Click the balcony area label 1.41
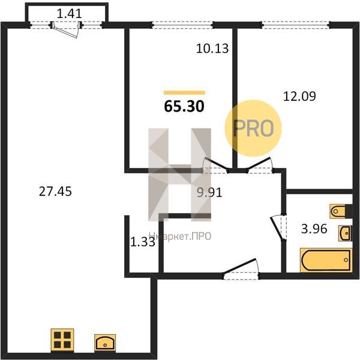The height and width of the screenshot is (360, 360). point(69,14)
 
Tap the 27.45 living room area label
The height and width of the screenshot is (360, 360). point(55,191)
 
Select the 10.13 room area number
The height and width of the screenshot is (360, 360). point(212,49)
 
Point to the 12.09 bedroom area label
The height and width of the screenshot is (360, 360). point(299,96)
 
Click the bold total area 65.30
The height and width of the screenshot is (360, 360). point(184,107)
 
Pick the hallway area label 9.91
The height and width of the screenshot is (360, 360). point(209,193)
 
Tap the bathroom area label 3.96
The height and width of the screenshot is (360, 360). point(314,229)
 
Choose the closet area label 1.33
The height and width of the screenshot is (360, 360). point(143,242)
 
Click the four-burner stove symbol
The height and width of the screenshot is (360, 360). point(62,340)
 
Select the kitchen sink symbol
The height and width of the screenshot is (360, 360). point(105,343)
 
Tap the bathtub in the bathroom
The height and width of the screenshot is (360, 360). point(326,260)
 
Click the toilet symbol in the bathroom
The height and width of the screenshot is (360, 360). point(338,211)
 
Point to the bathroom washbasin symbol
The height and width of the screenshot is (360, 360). point(345,233)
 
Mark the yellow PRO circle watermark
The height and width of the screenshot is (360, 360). point(253,128)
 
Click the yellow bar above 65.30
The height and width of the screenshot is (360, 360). point(184,93)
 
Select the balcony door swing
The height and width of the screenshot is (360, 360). point(65,31)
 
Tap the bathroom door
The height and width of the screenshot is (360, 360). point(278,228)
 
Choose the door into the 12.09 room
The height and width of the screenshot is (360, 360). point(260,165)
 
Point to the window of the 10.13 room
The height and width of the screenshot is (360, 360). point(183,25)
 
